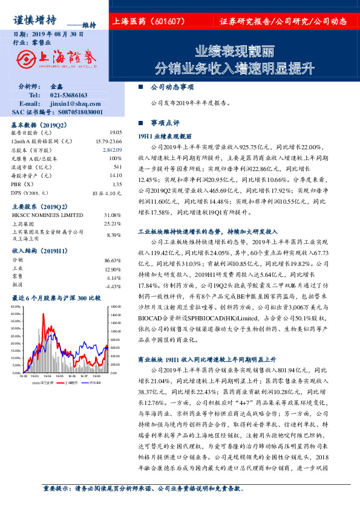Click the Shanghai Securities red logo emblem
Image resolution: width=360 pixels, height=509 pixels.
click(x=26, y=59)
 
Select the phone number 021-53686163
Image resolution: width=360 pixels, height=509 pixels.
click(x=69, y=95)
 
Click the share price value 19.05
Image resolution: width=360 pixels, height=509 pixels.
click(x=116, y=132)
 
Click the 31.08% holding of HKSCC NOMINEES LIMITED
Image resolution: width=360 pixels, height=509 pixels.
click(x=113, y=215)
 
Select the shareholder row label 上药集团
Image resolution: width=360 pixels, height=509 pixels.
click(x=23, y=224)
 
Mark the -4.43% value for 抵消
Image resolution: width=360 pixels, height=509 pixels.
click(x=113, y=286)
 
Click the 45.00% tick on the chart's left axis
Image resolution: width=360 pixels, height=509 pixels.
click(x=20, y=307)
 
